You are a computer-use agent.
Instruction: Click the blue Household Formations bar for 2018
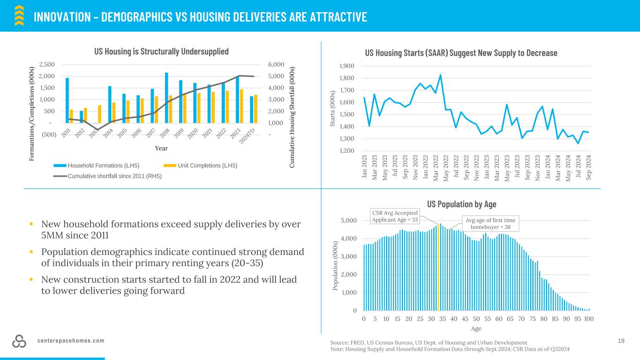point(166,98)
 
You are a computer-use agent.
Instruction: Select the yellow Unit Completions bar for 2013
point(99,114)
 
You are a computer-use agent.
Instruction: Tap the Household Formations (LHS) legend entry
point(97,166)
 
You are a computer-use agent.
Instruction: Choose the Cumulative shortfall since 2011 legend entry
point(107,176)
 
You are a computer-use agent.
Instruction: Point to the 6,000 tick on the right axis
point(276,65)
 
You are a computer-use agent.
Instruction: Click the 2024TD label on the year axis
point(247,136)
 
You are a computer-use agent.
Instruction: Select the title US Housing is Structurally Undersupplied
point(161,52)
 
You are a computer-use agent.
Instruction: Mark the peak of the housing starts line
point(441,75)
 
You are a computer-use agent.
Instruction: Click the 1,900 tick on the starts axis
point(347,66)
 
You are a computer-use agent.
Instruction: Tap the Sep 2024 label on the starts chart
point(588,168)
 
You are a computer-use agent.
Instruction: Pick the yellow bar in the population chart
point(438,268)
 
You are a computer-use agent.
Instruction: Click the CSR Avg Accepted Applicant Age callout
point(395,216)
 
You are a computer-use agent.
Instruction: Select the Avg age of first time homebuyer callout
point(490,224)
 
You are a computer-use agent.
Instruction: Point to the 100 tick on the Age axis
point(588,319)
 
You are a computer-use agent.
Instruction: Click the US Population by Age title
point(462,204)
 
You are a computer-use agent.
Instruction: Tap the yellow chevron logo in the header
point(19,15)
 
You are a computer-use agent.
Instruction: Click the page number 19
point(621,341)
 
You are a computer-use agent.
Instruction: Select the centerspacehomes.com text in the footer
point(71,341)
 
